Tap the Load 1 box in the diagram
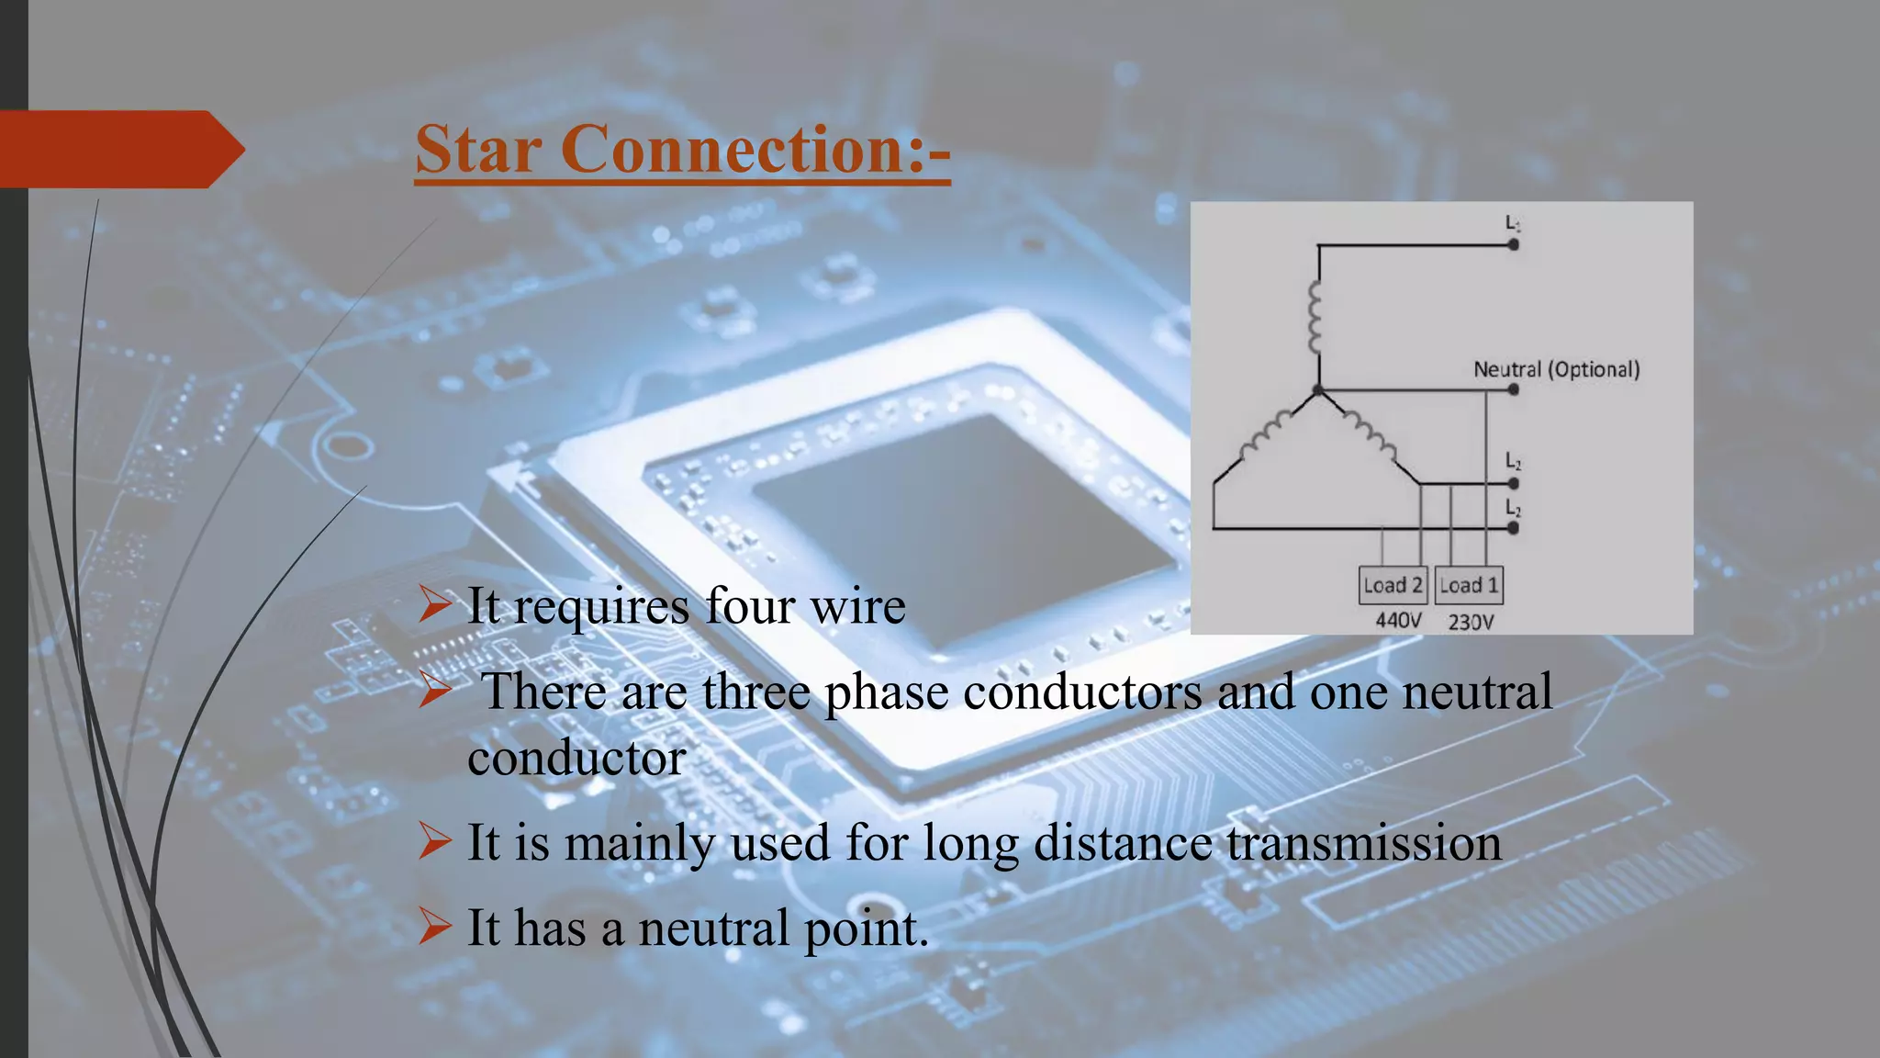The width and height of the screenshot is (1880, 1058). click(x=1469, y=585)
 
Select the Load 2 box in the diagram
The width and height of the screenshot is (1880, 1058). click(x=1393, y=585)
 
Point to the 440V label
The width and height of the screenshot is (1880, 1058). click(x=1398, y=621)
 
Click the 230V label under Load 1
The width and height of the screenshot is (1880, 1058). click(x=1471, y=622)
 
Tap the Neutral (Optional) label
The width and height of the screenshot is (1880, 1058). click(x=1556, y=369)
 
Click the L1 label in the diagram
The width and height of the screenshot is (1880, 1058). click(x=1513, y=223)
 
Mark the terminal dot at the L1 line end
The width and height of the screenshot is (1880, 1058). click(x=1513, y=245)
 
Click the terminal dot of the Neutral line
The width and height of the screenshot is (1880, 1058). click(x=1513, y=389)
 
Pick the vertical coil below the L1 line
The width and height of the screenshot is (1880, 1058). click(x=1315, y=318)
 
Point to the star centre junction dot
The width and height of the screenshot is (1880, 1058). click(x=1318, y=390)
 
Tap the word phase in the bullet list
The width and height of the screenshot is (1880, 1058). click(x=886, y=692)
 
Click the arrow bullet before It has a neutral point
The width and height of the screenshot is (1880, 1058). click(x=434, y=926)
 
